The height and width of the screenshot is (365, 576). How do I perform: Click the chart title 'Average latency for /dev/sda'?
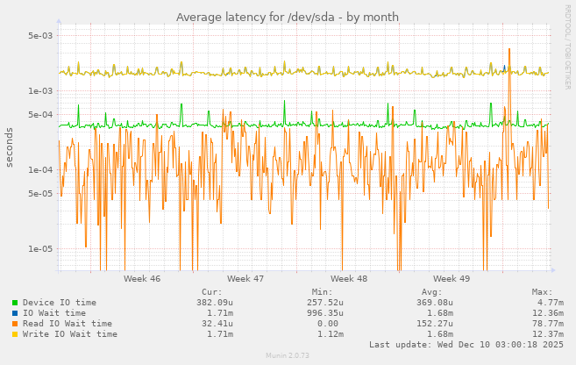pyautogui.click(x=287, y=17)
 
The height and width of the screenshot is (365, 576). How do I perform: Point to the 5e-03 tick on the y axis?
pyautogui.click(x=41, y=36)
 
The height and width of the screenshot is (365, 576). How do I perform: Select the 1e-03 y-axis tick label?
pyautogui.click(x=41, y=90)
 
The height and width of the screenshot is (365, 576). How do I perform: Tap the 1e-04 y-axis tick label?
pyautogui.click(x=41, y=170)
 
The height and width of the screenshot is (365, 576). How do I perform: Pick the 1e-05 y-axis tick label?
pyautogui.click(x=41, y=249)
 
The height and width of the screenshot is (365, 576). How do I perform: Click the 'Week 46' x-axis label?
pyautogui.click(x=142, y=278)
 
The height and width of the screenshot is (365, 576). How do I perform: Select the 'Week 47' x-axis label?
pyautogui.click(x=245, y=278)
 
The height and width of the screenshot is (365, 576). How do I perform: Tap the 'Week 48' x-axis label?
pyautogui.click(x=349, y=278)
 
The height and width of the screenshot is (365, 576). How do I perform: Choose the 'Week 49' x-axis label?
pyautogui.click(x=452, y=278)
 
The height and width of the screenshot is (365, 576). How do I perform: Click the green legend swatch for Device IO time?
pyautogui.click(x=15, y=303)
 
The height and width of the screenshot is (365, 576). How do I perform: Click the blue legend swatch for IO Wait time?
pyautogui.click(x=15, y=313)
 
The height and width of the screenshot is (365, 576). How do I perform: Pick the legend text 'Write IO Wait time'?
pyautogui.click(x=69, y=334)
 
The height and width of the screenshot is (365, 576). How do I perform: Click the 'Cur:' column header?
pyautogui.click(x=211, y=291)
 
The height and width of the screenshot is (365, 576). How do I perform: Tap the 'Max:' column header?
pyautogui.click(x=541, y=291)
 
